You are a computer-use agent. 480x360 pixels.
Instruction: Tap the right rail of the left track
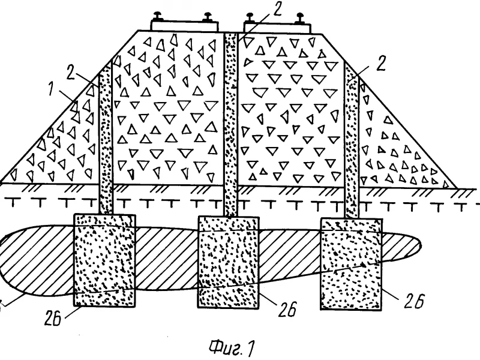tap(208, 17)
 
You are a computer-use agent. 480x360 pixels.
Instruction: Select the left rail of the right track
tap(250, 17)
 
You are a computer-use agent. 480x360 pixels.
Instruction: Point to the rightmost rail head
tap(299, 18)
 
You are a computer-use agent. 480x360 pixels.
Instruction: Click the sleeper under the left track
tap(185, 26)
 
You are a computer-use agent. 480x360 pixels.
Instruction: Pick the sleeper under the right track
tap(277, 28)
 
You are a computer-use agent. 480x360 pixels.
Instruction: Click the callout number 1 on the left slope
tap(52, 88)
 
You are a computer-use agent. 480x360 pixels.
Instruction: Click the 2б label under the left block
tap(53, 318)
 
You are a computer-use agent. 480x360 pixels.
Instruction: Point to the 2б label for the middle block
tap(287, 309)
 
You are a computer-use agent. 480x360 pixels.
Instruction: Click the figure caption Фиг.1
tap(232, 348)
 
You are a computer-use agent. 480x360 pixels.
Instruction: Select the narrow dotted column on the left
tap(106, 139)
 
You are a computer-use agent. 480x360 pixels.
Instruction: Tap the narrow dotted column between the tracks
tap(230, 124)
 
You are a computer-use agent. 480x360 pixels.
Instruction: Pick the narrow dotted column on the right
tap(352, 139)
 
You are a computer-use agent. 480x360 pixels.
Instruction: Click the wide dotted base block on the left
tap(104, 260)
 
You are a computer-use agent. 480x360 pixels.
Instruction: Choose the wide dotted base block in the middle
tap(229, 262)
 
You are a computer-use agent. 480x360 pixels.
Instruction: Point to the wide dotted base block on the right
tap(352, 264)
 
